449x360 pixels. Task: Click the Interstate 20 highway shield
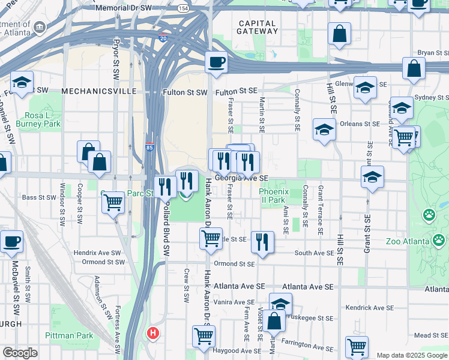tap(163, 38)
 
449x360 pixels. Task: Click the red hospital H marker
tap(154, 332)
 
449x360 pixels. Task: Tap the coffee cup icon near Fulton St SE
tap(216, 61)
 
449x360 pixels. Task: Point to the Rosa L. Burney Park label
tap(43, 120)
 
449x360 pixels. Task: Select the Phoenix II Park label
tap(274, 196)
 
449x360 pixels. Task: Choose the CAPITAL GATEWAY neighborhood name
tap(257, 28)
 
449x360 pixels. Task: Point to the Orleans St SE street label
tap(360, 124)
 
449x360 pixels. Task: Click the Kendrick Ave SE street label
tap(370, 307)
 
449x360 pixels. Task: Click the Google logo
tap(20, 353)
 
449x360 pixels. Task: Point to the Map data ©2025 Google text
tap(411, 355)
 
